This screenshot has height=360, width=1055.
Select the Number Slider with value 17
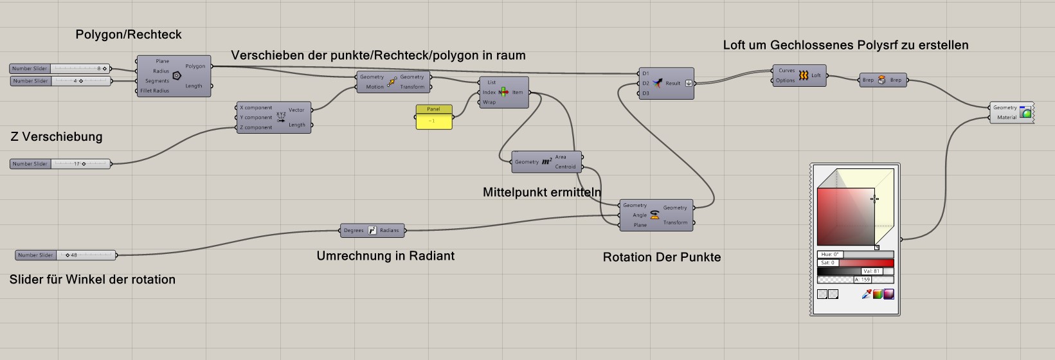click(x=60, y=164)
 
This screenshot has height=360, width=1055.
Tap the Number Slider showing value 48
click(x=66, y=255)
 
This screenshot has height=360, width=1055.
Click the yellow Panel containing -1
click(x=433, y=121)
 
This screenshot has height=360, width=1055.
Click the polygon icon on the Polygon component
click(x=177, y=75)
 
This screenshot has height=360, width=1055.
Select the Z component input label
click(x=256, y=127)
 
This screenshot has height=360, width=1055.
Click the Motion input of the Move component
click(x=374, y=87)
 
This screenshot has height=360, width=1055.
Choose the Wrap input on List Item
click(x=489, y=102)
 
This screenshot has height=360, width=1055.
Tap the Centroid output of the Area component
click(x=565, y=166)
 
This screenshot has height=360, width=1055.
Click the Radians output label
click(x=390, y=230)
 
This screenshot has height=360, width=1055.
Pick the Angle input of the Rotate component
click(x=639, y=215)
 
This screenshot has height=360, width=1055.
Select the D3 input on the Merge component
click(x=645, y=93)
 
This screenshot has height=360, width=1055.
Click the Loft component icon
click(x=803, y=76)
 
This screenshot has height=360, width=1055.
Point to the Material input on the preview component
click(x=1007, y=118)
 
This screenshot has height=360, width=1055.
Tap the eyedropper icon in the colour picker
click(x=866, y=294)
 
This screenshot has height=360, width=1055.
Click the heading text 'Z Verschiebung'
click(x=57, y=137)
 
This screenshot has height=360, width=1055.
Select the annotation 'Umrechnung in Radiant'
click(x=385, y=256)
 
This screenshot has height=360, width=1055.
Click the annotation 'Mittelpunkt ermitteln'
click(x=542, y=192)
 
